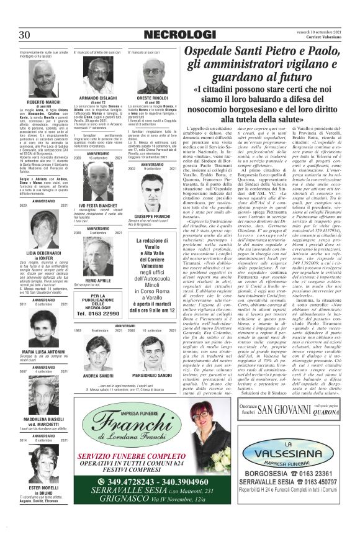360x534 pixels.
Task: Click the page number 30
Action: pyautogui.click(x=25, y=34)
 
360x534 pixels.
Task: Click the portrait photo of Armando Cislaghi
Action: pyautogui.click(x=97, y=76)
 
